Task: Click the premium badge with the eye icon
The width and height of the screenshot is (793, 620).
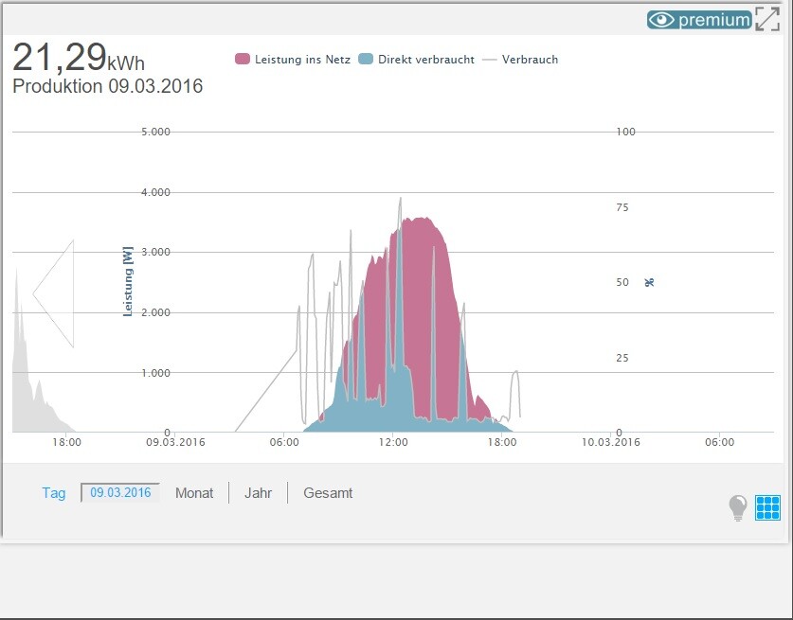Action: (699, 19)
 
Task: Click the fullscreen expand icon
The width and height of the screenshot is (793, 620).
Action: (767, 19)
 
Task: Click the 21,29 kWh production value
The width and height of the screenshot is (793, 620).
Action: (79, 59)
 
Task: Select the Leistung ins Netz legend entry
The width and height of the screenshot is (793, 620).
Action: (293, 60)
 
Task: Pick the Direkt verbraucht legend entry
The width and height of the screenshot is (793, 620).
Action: (417, 60)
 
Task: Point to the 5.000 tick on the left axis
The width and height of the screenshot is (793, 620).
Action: (154, 132)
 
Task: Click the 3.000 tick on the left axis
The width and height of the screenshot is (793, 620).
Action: (154, 253)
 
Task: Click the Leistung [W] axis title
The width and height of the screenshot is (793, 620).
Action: (127, 281)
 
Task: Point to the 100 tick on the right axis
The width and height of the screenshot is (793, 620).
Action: (625, 132)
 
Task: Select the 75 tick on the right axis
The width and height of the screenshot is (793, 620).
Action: (622, 207)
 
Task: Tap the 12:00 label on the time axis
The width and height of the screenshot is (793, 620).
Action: (392, 441)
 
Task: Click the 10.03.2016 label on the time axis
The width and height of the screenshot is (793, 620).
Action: (611, 441)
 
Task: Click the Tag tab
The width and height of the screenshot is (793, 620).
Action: (54, 493)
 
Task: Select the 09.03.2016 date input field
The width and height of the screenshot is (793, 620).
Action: (120, 492)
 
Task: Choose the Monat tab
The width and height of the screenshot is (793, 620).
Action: (194, 493)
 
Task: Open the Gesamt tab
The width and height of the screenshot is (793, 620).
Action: (328, 493)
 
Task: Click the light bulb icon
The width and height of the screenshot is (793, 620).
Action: (738, 508)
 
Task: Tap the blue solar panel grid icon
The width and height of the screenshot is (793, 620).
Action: (767, 508)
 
